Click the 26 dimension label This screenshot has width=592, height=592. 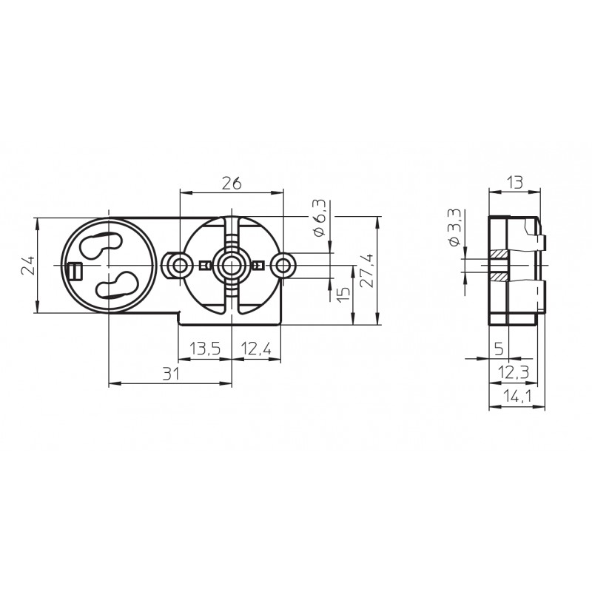click(x=231, y=184)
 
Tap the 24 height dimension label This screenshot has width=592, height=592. click(x=27, y=266)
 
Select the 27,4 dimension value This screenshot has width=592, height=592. click(x=366, y=271)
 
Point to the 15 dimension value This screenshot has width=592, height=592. click(x=343, y=294)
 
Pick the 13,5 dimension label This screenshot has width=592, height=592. click(x=205, y=349)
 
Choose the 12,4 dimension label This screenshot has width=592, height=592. click(x=256, y=349)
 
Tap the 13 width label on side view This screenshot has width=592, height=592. click(x=515, y=182)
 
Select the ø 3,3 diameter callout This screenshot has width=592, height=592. click(x=454, y=228)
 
